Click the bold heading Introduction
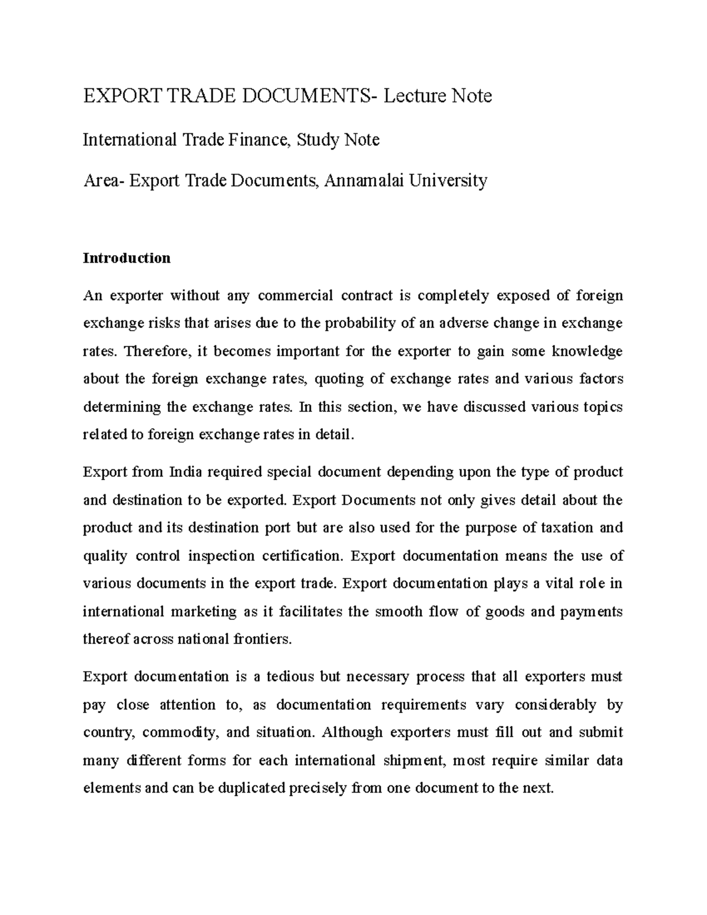click(127, 258)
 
